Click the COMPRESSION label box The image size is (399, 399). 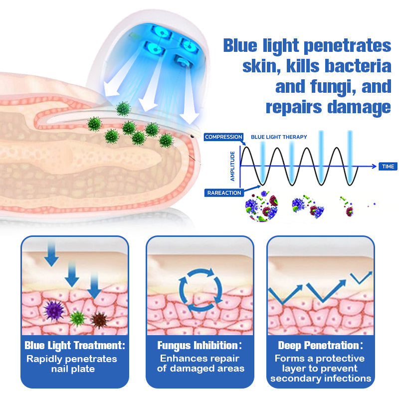(x=223, y=137)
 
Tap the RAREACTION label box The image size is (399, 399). (x=223, y=193)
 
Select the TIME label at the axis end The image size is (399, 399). (x=388, y=166)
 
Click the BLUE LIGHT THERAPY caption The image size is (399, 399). (x=279, y=137)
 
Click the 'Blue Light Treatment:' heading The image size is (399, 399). (x=75, y=345)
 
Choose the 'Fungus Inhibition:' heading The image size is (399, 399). (x=199, y=345)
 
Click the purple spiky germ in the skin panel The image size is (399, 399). (x=54, y=310)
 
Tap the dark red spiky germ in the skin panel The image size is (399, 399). (x=99, y=320)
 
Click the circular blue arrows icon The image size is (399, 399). (x=200, y=289)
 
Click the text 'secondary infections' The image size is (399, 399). (x=321, y=378)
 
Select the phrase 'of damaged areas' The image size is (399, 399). (x=200, y=369)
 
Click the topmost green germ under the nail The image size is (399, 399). (x=123, y=108)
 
